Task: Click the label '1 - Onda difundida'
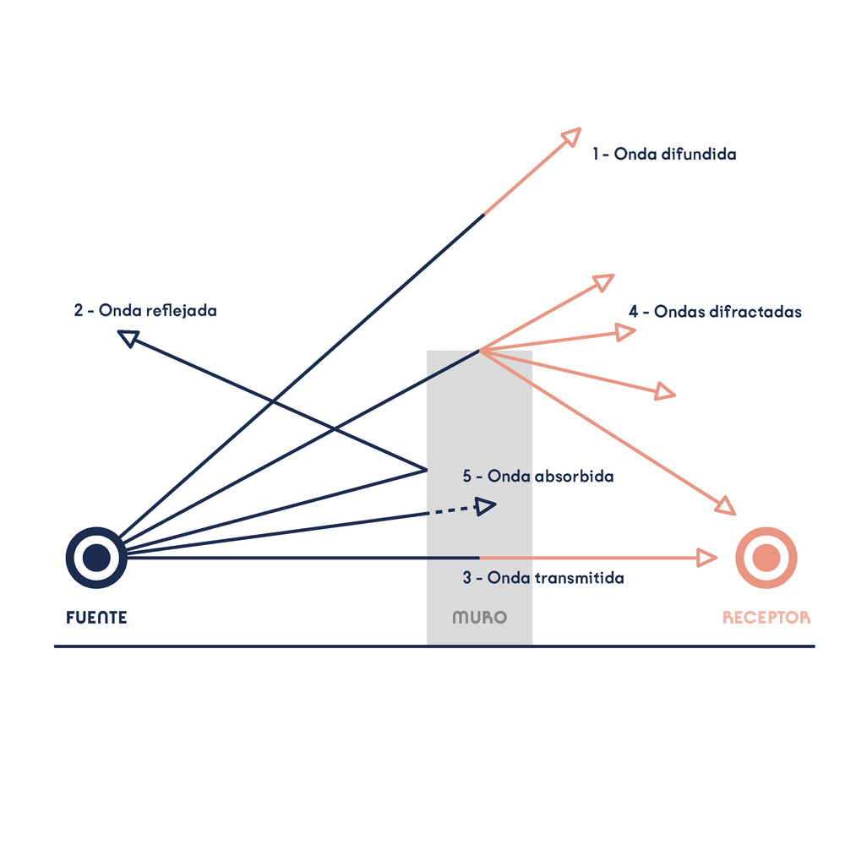[x=664, y=154]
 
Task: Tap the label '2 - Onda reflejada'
[x=145, y=310]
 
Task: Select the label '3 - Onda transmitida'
[x=543, y=579]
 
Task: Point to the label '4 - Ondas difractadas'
[x=715, y=312]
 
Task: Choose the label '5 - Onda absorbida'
[x=538, y=477]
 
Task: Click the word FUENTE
[x=97, y=618]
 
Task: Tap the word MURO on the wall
[x=479, y=618]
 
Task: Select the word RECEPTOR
[x=766, y=618]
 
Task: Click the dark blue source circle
[x=96, y=558]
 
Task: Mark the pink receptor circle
[x=766, y=558]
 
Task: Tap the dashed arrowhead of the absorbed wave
[x=485, y=506]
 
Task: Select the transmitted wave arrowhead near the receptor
[x=707, y=558]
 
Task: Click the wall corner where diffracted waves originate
[x=480, y=350]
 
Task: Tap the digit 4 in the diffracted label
[x=633, y=312]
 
